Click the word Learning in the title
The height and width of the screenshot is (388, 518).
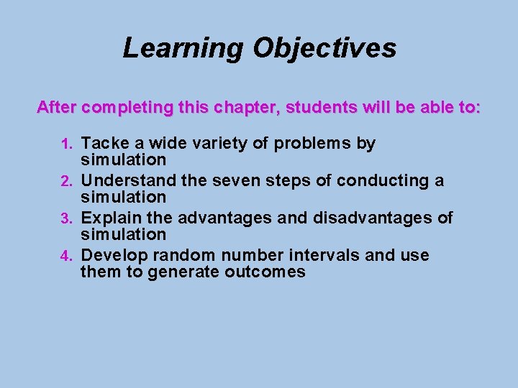pos(183,49)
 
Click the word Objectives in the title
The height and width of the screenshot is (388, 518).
pos(324,49)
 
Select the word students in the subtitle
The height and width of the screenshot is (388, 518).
pos(321,107)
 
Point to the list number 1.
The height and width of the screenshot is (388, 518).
pos(67,144)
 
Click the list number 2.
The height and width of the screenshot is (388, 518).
pos(67,182)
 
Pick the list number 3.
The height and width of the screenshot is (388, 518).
pos(67,218)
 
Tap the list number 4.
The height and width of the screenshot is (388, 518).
pos(67,256)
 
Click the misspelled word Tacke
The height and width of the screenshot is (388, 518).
pos(105,143)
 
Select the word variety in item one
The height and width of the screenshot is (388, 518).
pos(219,144)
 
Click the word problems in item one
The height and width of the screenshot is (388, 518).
pos(312,144)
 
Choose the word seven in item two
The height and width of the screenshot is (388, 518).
pos(236,182)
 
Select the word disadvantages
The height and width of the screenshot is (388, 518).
pos(373,218)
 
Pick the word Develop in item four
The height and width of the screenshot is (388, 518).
pos(114,256)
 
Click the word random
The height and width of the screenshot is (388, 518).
pos(184,255)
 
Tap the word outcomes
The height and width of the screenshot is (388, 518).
pos(265,273)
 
